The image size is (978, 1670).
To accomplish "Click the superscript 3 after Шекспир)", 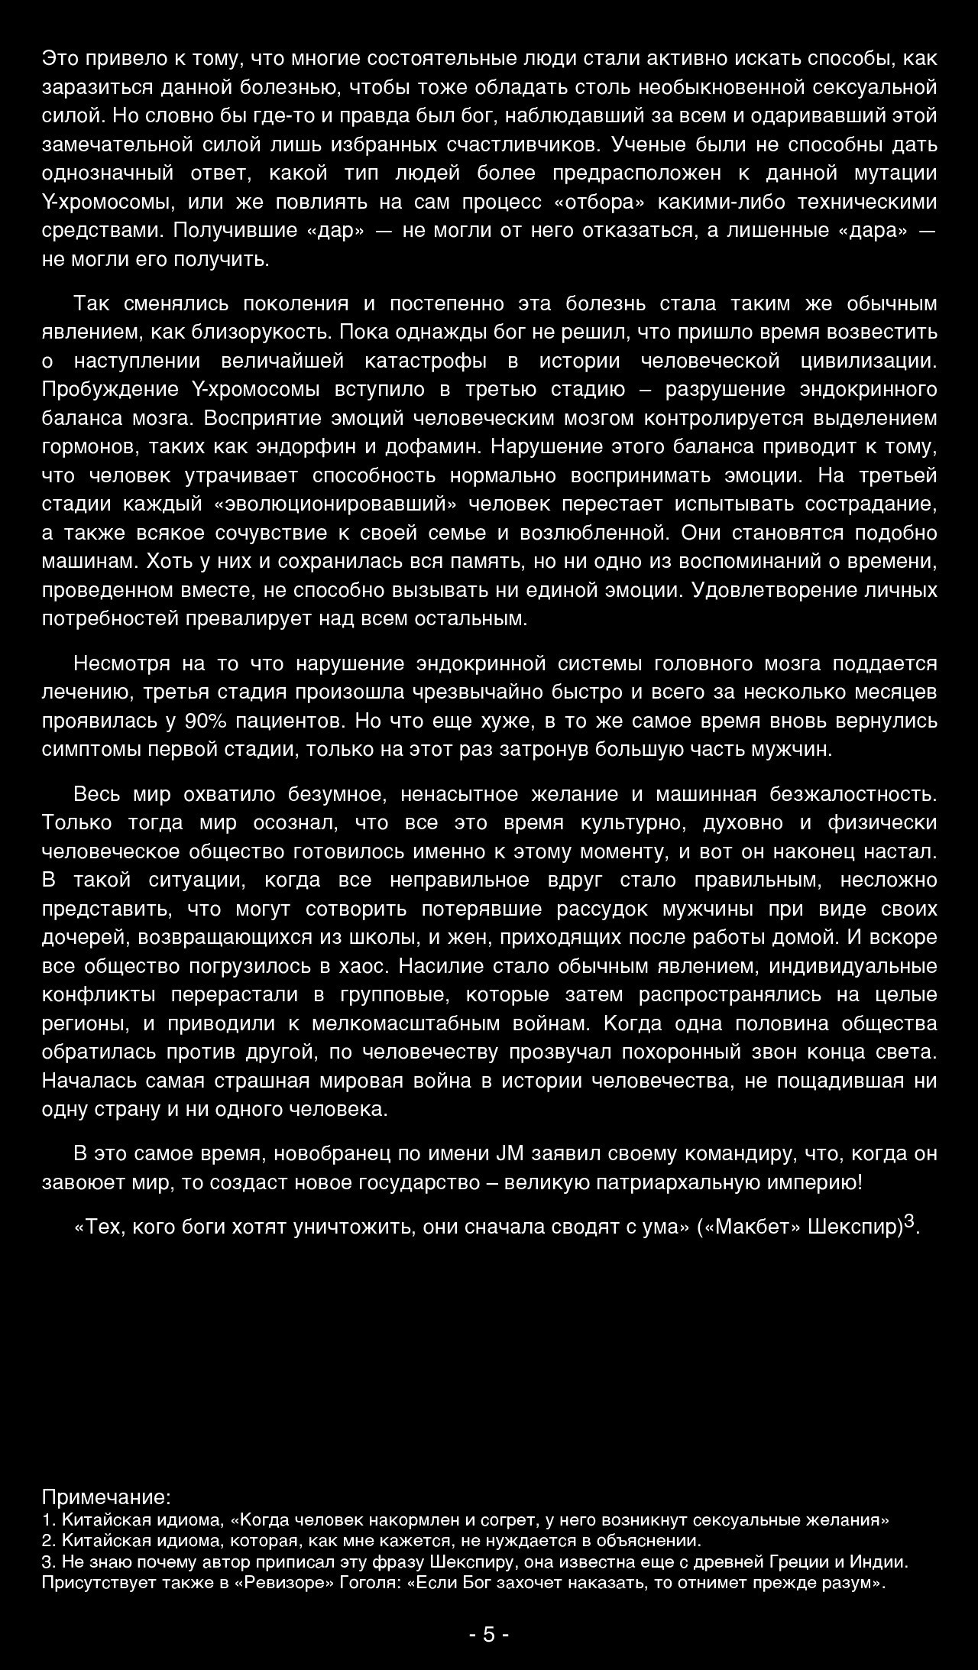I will (x=909, y=1221).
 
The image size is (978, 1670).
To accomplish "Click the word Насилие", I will (x=440, y=966).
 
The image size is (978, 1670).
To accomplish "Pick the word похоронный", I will (x=682, y=1052).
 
